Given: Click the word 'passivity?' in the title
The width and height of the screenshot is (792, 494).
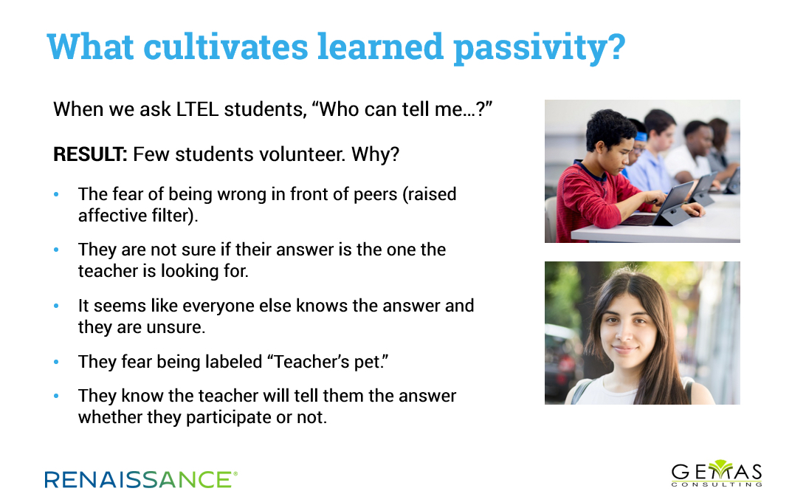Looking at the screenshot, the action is [540, 48].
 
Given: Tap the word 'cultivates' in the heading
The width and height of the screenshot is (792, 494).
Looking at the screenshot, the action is [225, 47].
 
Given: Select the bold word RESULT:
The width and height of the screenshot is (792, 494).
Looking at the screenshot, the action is [90, 154].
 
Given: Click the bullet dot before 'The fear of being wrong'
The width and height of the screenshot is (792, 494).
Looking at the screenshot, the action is [56, 194].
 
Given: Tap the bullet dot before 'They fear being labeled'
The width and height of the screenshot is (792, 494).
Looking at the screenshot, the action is [56, 362].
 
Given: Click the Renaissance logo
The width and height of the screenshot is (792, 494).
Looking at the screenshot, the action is [141, 479].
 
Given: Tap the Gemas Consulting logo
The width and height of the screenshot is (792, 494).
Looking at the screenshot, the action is [717, 473].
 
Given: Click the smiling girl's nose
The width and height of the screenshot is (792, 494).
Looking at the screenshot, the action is [624, 333].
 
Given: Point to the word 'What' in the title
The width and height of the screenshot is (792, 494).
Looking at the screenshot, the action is [90, 47].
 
